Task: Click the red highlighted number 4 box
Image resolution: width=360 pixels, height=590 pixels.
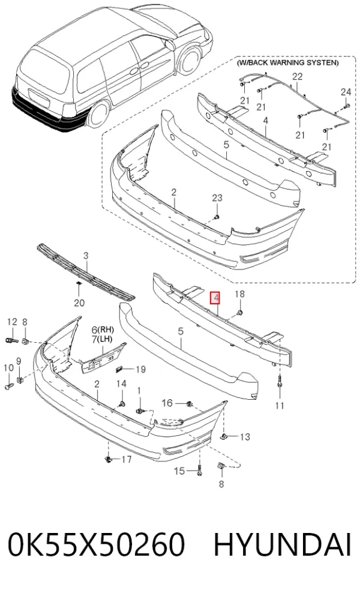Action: [x=215, y=298]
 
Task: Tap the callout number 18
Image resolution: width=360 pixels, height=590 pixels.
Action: [x=239, y=294]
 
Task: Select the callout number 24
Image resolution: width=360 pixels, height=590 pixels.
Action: [x=346, y=92]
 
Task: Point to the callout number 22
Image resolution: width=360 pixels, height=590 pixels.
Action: [x=297, y=76]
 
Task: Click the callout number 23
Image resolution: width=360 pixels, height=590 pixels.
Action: [x=217, y=198]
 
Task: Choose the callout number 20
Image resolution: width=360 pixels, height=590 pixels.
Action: [x=79, y=303]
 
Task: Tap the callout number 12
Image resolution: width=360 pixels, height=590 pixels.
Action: [x=13, y=322]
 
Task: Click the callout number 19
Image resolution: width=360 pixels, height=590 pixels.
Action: [x=140, y=369]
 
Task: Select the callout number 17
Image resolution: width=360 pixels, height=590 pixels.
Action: [x=127, y=459]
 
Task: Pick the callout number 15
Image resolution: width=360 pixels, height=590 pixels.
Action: [x=179, y=471]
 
